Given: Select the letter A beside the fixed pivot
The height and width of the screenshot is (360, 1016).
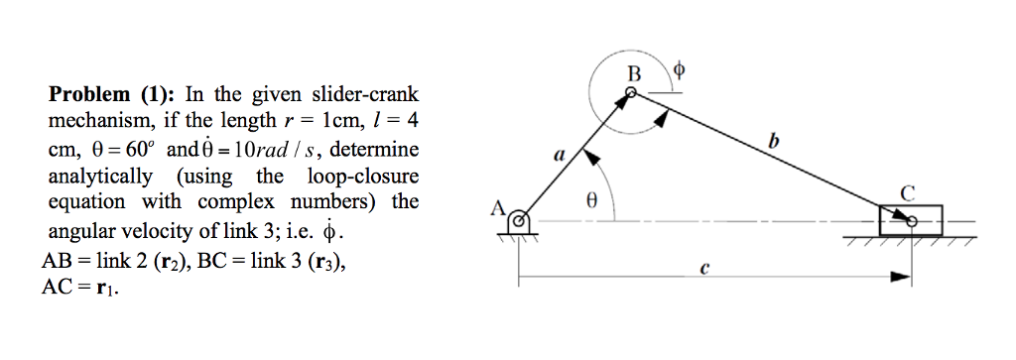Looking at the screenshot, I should point(498,208).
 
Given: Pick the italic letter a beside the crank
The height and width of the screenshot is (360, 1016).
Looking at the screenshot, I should point(558,155).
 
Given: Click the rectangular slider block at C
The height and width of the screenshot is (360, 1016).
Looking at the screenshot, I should point(910,218).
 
